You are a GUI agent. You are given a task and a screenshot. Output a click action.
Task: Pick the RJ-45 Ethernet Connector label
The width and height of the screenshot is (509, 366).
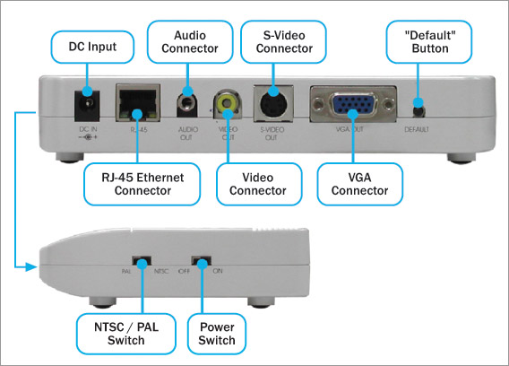135,183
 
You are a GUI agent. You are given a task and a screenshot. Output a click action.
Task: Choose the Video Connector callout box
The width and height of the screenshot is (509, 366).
251,183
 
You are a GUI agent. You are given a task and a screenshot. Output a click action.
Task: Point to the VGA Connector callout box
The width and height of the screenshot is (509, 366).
354,183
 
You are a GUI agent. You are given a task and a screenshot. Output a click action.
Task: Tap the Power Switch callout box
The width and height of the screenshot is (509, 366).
216,333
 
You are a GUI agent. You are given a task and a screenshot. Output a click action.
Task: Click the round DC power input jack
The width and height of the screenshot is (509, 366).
87,109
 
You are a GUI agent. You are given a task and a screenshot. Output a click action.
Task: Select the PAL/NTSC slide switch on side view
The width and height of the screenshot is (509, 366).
138,265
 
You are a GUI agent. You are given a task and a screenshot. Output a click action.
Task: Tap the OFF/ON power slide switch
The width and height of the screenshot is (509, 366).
203,265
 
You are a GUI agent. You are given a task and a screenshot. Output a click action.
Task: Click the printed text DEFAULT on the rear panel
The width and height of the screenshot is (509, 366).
417,130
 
